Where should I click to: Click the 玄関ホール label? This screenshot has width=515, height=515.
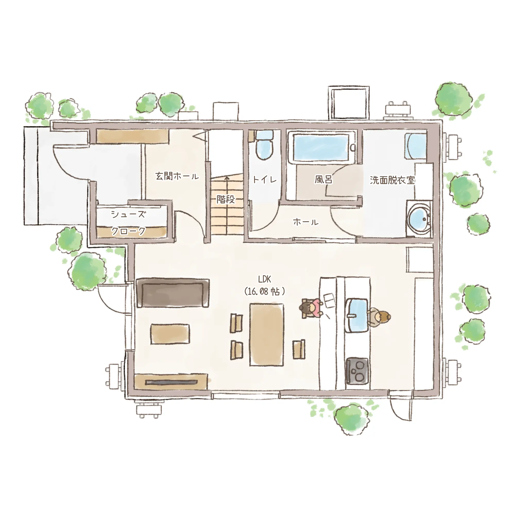[177, 176]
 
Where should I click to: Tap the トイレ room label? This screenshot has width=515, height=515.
[265, 179]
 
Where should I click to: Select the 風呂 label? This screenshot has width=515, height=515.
[323, 179]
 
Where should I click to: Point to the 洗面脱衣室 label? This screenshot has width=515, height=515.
[392, 180]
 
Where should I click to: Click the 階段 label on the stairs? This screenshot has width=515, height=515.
[226, 199]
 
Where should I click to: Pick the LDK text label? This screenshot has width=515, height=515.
[264, 279]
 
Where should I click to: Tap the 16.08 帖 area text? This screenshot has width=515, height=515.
[264, 291]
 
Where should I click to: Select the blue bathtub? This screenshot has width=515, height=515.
[321, 147]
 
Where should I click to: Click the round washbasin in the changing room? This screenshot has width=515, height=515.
[419, 219]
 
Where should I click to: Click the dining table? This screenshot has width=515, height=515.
[267, 335]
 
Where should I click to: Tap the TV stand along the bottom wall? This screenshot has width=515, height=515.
[171, 382]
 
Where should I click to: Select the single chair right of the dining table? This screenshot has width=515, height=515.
[299, 349]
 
